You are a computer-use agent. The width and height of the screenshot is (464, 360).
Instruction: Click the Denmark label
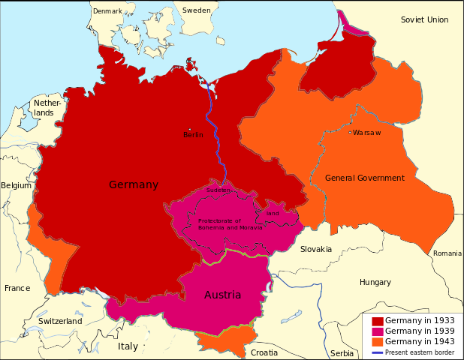(107, 10)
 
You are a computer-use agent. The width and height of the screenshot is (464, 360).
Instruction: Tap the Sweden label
(197, 10)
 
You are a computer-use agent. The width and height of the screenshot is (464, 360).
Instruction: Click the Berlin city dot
(190, 128)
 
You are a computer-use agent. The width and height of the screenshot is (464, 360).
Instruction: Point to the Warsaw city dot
(349, 133)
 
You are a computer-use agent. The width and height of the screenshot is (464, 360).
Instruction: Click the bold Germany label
(134, 184)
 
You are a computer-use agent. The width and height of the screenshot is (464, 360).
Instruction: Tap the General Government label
(365, 178)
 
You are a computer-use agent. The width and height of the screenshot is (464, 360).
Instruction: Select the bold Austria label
(223, 295)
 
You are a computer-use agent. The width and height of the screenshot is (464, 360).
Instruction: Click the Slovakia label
(316, 249)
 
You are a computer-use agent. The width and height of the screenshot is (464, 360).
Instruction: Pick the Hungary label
(375, 283)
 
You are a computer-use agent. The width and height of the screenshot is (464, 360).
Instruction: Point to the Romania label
(447, 253)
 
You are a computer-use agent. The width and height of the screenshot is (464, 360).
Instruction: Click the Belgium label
(17, 184)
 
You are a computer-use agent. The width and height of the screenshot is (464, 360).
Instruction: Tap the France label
(17, 288)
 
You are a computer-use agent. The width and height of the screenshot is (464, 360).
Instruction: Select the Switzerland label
(60, 321)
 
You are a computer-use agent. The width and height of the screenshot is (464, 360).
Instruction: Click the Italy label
(128, 346)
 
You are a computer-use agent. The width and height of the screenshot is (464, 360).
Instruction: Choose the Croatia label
(264, 352)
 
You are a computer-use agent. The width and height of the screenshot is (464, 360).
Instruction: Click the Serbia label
(342, 352)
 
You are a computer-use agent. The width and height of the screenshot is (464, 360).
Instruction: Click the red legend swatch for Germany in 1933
(378, 321)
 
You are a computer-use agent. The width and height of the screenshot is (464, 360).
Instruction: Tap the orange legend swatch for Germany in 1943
(378, 342)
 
